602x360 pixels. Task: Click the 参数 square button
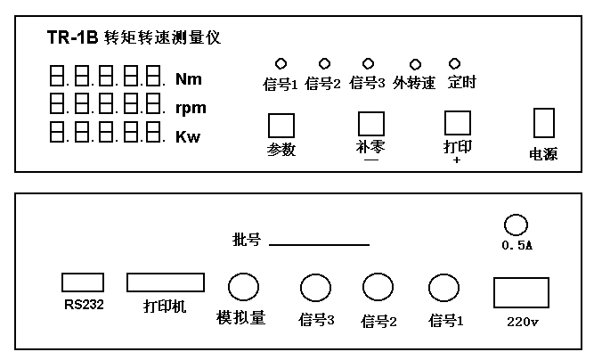[281, 124]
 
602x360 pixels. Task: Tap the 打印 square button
[458, 122]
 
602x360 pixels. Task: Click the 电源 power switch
[543, 123]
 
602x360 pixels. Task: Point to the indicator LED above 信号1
[280, 64]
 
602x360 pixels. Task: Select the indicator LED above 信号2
[323, 64]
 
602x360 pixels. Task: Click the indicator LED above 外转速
[414, 64]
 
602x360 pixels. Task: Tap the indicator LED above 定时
[455, 64]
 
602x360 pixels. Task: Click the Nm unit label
[188, 79]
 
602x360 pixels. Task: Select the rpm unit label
[191, 109]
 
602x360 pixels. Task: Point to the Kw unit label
[188, 137]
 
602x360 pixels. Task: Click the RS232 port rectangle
[83, 282]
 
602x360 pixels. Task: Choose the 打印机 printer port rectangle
[165, 282]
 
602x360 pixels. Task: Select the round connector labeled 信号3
[314, 288]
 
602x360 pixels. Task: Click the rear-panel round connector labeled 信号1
[443, 288]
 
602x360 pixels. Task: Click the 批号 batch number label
[245, 241]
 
